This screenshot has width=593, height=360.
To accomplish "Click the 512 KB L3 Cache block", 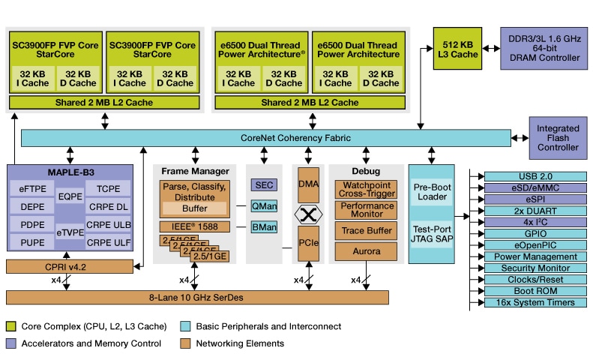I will click(458, 48).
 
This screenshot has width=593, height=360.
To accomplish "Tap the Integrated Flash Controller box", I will click(557, 137).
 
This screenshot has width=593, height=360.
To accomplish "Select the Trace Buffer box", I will click(366, 230).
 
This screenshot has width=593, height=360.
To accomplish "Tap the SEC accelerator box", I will click(263, 184).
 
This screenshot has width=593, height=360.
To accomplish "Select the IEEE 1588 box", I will click(193, 226).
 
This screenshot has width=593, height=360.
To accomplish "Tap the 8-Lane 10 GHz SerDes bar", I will click(197, 297).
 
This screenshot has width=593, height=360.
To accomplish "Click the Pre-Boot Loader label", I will click(431, 191).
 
